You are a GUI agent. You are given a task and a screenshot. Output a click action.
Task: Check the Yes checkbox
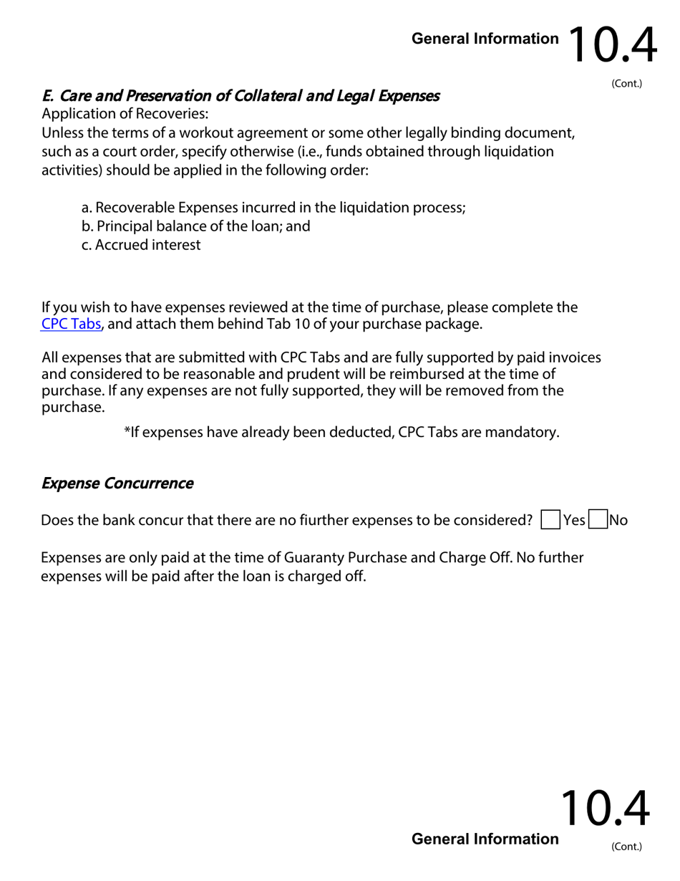coord(550,520)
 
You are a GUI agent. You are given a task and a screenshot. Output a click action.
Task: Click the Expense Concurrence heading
coord(117,483)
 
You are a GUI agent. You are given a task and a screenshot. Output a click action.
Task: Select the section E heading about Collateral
coord(241,96)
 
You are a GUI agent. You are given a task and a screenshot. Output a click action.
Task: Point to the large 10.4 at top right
coord(613,46)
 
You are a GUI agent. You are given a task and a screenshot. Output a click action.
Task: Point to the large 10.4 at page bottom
coord(605,809)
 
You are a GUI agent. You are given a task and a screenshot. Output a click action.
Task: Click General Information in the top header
coord(485,39)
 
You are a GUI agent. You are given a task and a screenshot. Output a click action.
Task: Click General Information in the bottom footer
coord(485,839)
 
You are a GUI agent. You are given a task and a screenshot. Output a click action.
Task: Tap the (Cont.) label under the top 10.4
coord(626,84)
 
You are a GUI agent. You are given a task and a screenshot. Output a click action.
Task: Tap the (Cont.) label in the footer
coord(626,847)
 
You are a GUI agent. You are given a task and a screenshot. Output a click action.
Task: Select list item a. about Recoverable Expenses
coord(273,208)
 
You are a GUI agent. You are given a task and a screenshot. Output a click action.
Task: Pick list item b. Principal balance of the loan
coord(195,226)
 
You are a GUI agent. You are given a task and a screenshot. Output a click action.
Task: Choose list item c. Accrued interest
coord(141,245)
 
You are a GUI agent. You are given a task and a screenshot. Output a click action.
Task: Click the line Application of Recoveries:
coord(125,114)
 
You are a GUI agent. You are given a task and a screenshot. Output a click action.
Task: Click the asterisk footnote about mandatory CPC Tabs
coord(341,432)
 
